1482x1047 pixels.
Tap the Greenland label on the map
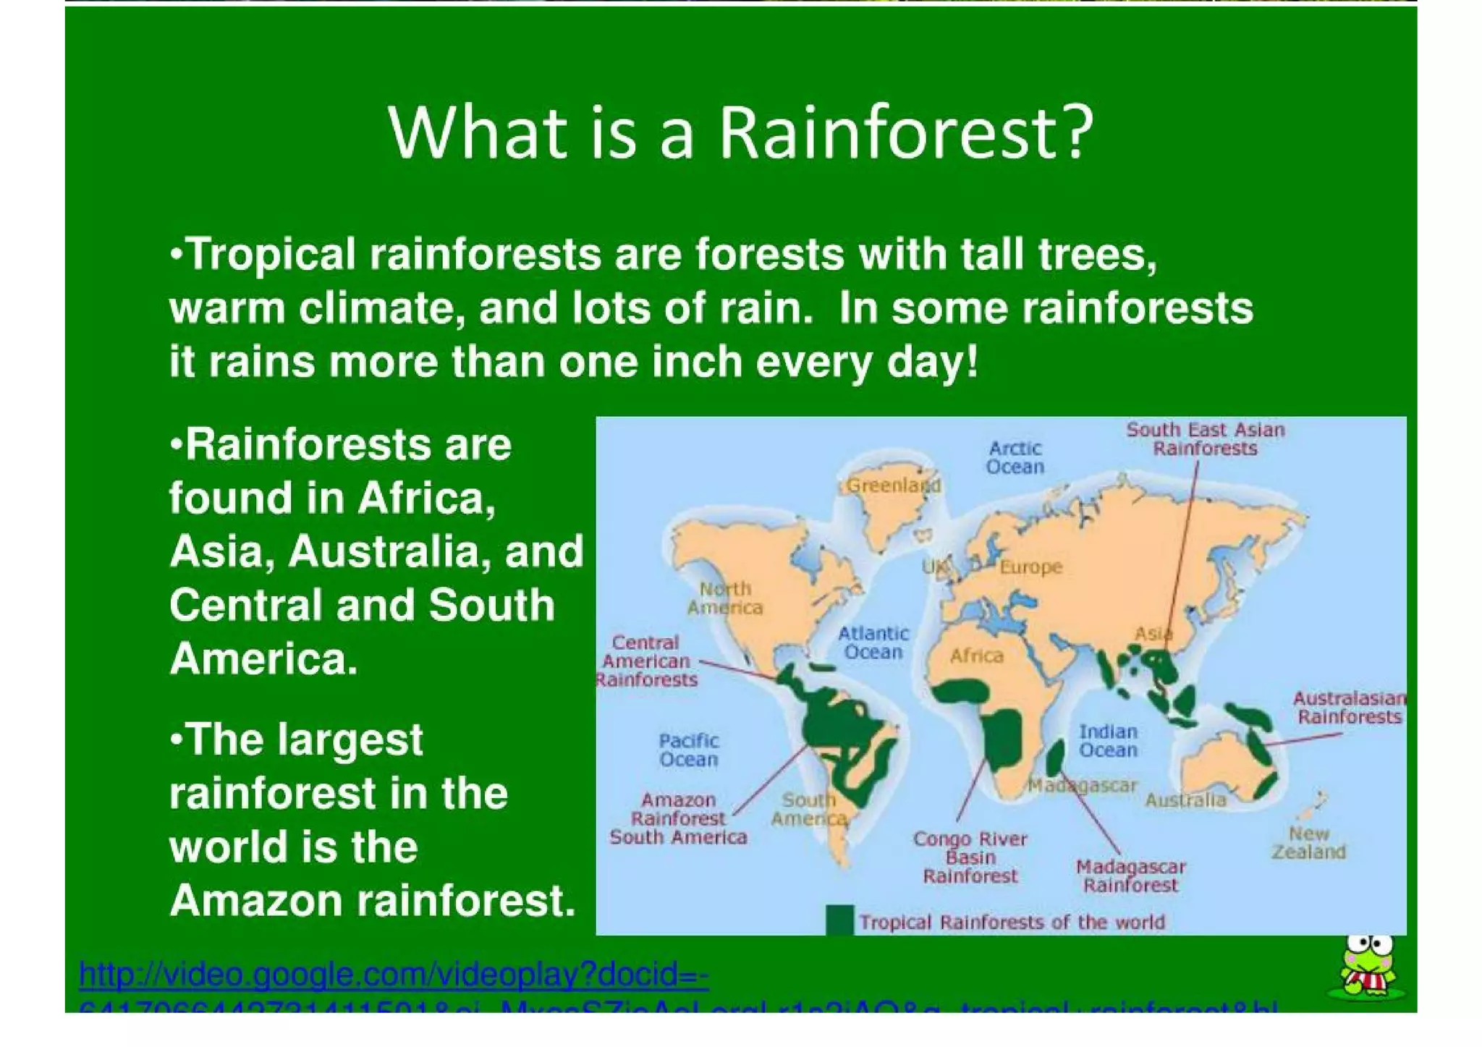tap(893, 486)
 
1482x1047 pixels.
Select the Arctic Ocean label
tap(1015, 457)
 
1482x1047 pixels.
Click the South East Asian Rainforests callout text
tap(1205, 439)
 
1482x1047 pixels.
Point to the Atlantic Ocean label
tap(873, 643)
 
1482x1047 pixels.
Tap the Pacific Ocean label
tap(688, 750)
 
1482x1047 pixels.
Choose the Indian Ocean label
tap(1108, 741)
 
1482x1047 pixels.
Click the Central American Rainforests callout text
tap(645, 661)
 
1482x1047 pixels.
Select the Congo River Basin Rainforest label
tap(970, 857)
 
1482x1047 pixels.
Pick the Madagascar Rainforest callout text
tap(1130, 876)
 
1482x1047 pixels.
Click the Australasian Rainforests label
tap(1349, 708)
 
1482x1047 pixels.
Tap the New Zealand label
tap(1308, 843)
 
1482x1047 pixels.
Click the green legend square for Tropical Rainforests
tap(839, 920)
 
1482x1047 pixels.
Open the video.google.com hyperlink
tap(394, 975)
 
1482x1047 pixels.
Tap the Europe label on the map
tap(1030, 567)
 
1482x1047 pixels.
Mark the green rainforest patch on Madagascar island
tap(1054, 757)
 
